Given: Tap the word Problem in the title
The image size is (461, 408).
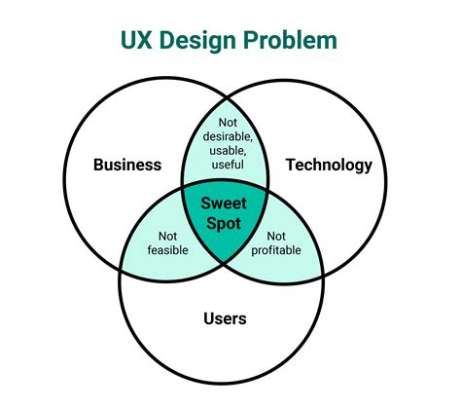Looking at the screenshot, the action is coord(290,40).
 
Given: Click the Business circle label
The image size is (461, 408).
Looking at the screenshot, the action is coord(127,165).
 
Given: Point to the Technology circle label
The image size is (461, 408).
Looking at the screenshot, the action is coord(329,166).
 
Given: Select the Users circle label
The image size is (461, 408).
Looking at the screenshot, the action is coord(225,318).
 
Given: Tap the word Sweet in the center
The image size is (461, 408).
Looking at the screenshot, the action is coord(224,204).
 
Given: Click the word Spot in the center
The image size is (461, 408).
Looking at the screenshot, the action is coord(224,224).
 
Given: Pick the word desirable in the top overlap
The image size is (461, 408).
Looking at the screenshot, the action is coord(228,136).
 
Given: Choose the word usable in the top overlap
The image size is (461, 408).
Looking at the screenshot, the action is coord(228,151).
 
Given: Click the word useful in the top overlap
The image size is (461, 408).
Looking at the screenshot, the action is coord(228,165).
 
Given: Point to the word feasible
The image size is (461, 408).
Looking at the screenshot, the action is coord(167,250).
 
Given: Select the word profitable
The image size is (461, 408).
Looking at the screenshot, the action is coord(276,250).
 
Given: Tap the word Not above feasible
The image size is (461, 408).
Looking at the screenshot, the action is coord(167,237).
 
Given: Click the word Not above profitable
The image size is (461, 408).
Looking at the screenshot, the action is coord(276,237).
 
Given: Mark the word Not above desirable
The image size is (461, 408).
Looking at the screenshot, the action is coord(228,123).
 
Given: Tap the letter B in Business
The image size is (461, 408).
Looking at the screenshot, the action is coord(98,165).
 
